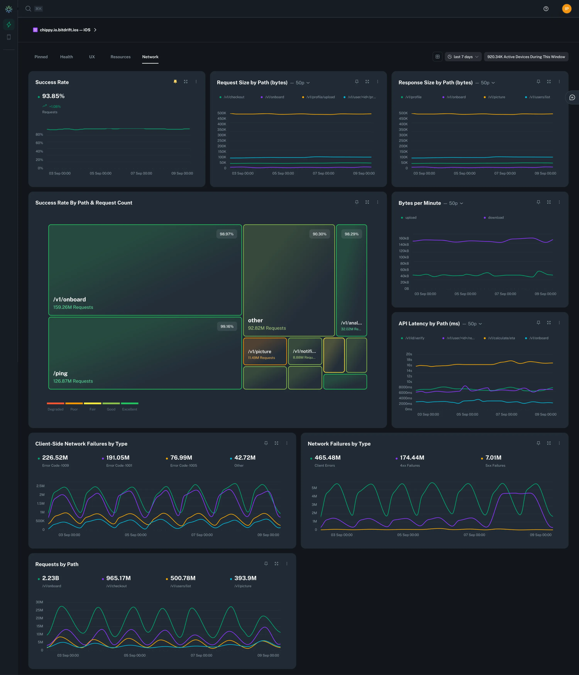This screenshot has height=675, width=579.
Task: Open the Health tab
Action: click(x=66, y=57)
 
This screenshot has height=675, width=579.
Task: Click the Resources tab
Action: click(x=120, y=57)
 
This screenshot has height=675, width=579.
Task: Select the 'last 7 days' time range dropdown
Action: click(x=463, y=57)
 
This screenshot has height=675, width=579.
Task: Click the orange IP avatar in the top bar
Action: click(x=566, y=9)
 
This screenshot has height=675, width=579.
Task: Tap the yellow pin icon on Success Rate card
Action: click(x=175, y=82)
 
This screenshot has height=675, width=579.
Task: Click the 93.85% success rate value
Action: click(x=53, y=96)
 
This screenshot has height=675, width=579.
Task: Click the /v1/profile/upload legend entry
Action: click(x=320, y=97)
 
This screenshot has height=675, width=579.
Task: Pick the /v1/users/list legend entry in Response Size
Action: click(x=539, y=97)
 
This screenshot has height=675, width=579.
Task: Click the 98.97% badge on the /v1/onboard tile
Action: click(x=227, y=234)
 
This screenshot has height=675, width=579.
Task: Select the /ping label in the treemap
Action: click(x=61, y=373)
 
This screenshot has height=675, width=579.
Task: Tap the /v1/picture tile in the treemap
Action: click(x=265, y=352)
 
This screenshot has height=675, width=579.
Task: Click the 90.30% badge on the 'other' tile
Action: click(x=319, y=234)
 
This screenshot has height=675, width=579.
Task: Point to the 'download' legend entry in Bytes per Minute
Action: click(x=495, y=218)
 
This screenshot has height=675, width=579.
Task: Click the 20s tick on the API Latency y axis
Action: click(x=409, y=354)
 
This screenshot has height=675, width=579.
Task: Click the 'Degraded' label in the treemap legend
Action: click(x=55, y=409)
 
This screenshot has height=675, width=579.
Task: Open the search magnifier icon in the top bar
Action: click(x=28, y=9)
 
